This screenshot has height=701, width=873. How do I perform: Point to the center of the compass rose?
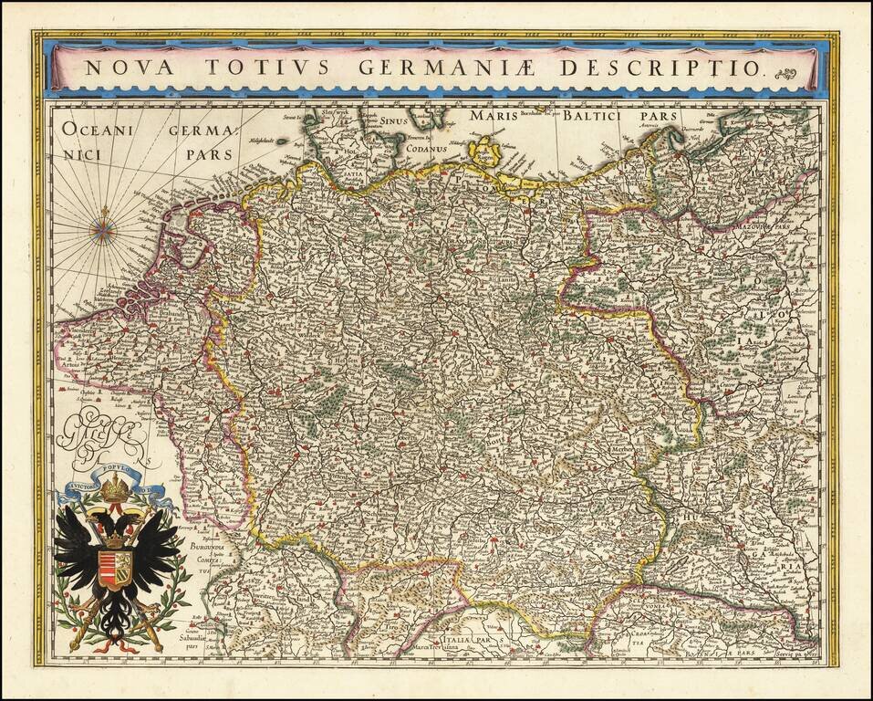(103, 229)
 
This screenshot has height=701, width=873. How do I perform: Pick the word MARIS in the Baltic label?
(494, 117)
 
